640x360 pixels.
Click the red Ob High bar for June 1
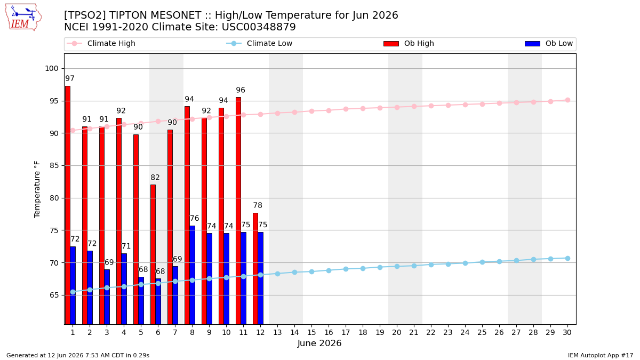68,205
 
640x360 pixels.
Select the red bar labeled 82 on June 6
153,254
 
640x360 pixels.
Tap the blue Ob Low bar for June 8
193,275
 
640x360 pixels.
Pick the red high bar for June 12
255,269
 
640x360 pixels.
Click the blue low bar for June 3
107,297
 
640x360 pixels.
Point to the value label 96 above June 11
241,90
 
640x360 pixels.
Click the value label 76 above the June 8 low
194,218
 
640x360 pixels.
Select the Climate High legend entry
101,43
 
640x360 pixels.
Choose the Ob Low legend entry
549,43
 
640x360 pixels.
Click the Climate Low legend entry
259,43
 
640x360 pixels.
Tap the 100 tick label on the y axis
52,69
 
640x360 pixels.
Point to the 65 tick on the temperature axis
54,295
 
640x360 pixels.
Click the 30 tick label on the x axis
567,332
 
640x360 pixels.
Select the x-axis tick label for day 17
346,332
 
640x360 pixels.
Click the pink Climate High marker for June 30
567,100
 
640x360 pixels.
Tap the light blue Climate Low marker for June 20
397,266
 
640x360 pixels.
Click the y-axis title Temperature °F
37,189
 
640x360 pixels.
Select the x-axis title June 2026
319,343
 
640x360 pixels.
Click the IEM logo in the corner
23,18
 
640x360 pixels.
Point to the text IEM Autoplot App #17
601,355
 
